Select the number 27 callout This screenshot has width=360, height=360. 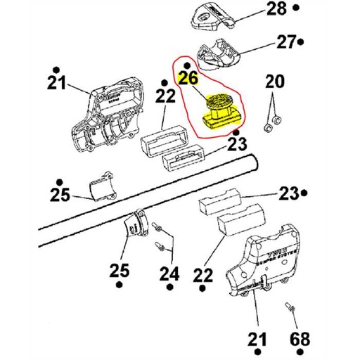285,42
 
